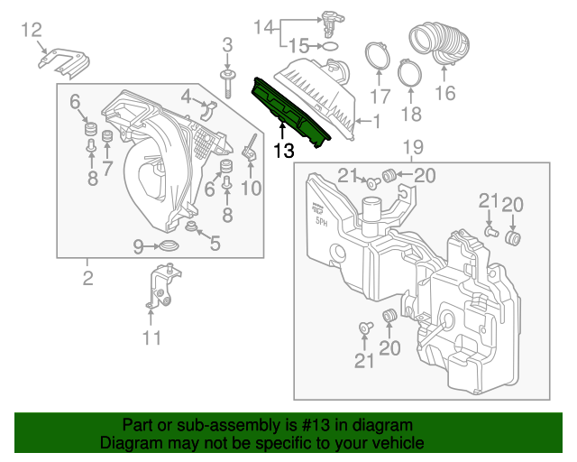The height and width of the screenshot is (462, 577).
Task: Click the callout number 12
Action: [32, 31]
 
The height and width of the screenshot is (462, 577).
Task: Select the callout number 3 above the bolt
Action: [227, 44]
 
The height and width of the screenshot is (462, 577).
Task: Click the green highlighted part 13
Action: [291, 111]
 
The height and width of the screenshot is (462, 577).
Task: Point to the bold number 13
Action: [283, 152]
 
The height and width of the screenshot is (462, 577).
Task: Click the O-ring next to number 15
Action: [331, 45]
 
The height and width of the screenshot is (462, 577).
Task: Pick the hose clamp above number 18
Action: [409, 69]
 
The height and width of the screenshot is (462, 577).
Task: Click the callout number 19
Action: [412, 147]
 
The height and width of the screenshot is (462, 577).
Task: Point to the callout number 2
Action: [87, 278]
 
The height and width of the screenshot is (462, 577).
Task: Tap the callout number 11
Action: [151, 338]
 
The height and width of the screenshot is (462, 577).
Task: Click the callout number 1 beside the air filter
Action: [376, 120]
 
